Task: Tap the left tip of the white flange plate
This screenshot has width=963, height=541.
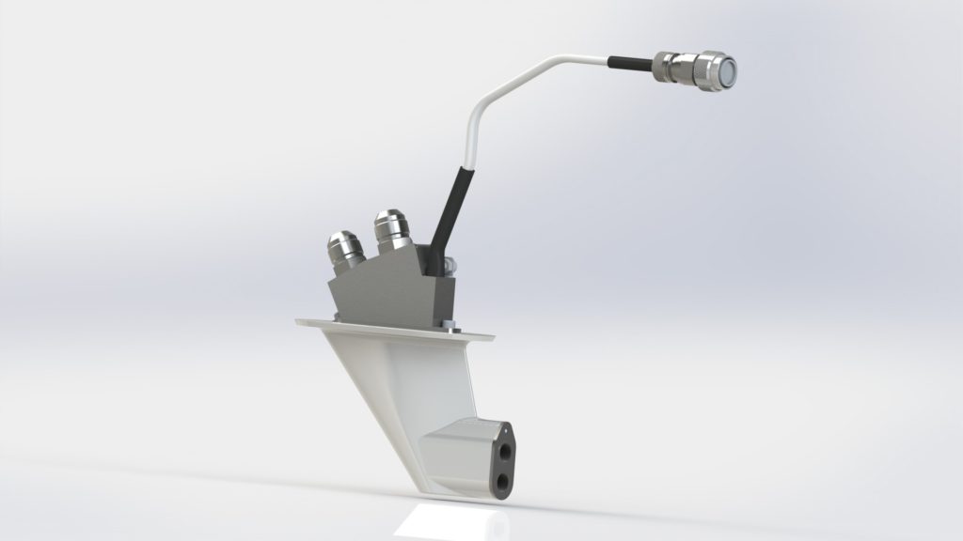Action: point(299,322)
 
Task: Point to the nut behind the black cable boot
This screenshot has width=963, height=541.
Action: point(453,262)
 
